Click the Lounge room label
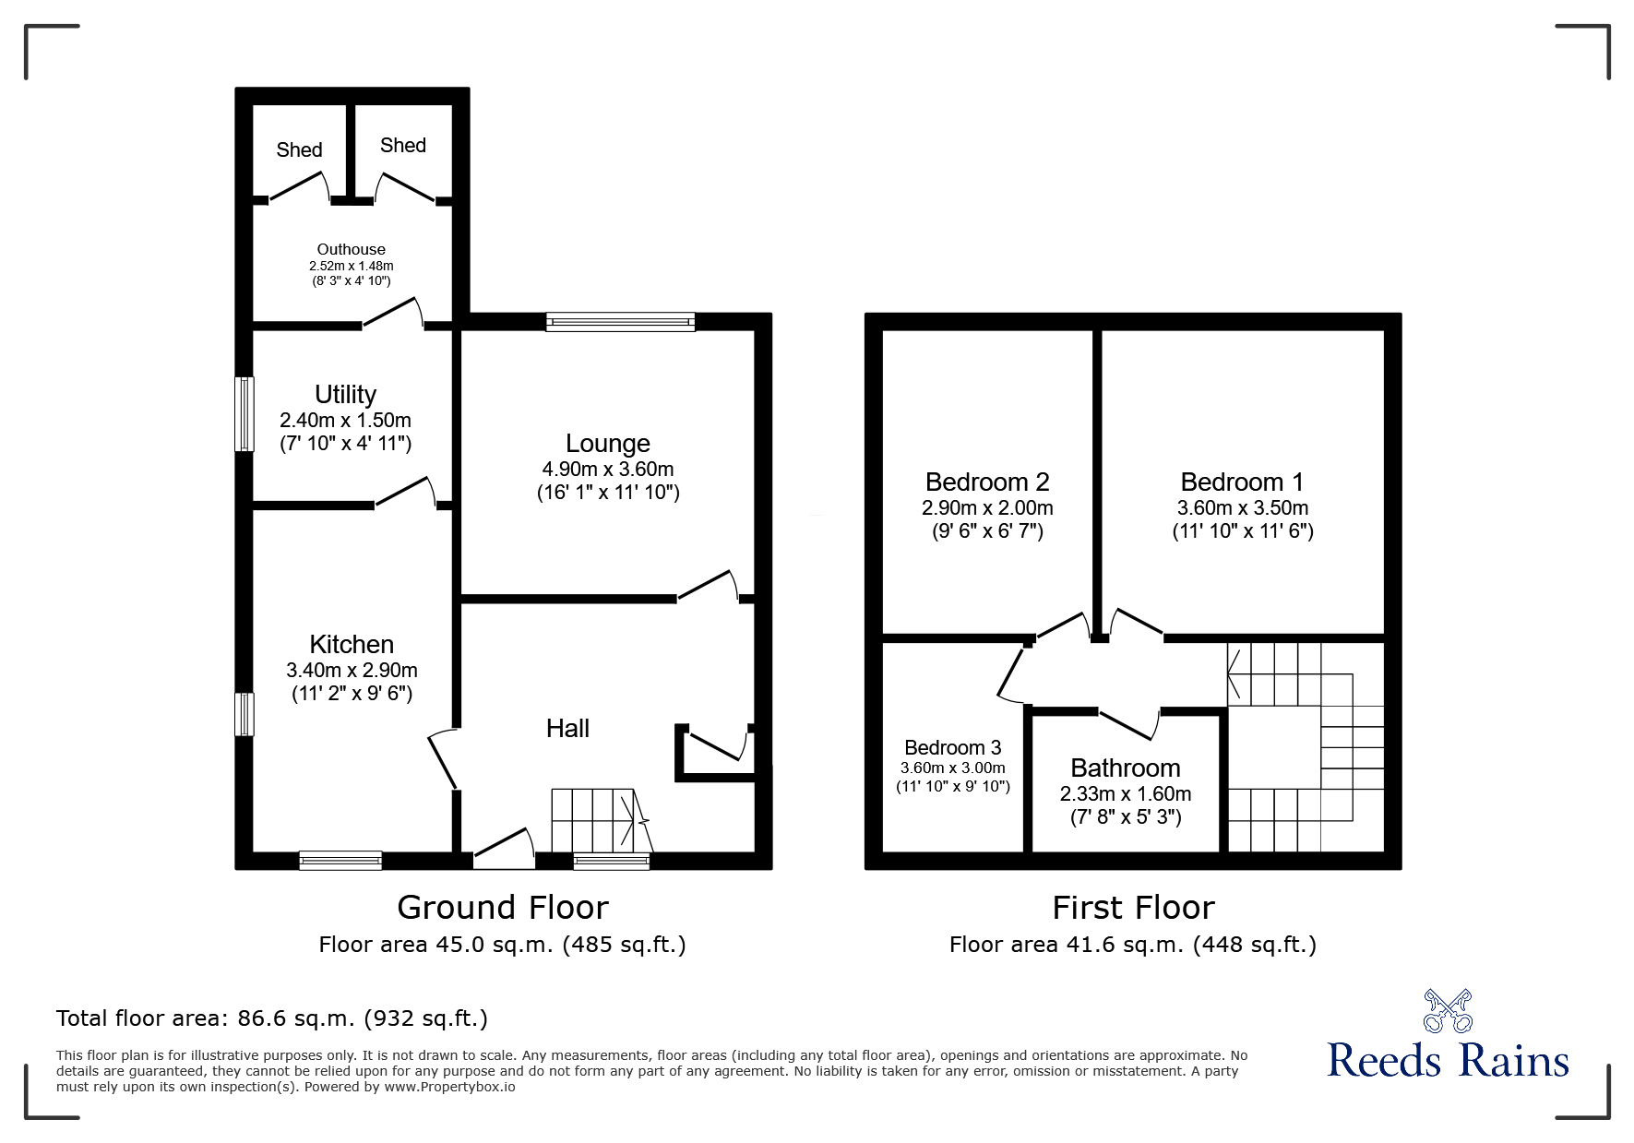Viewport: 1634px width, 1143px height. [607, 444]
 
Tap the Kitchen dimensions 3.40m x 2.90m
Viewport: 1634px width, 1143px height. [352, 670]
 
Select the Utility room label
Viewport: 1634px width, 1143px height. [345, 395]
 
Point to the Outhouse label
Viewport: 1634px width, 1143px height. [351, 249]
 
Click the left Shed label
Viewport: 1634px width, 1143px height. [299, 149]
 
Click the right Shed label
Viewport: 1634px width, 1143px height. [402, 145]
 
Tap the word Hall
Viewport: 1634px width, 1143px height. [567, 729]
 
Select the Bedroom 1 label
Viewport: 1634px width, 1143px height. [1242, 482]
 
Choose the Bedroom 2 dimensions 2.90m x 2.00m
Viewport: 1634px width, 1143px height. [987, 508]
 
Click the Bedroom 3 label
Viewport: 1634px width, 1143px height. [952, 748]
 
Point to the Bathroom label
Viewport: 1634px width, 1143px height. [1125, 768]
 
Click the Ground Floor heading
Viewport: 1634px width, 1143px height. [503, 908]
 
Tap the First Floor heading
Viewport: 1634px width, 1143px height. [1133, 908]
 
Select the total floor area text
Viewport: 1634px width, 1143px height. [272, 1018]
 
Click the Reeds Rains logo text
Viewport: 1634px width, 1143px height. [1448, 1061]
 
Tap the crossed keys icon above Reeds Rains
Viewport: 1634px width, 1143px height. [1448, 1011]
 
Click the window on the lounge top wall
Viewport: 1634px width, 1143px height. [620, 322]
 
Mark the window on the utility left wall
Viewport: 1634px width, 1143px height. [244, 413]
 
